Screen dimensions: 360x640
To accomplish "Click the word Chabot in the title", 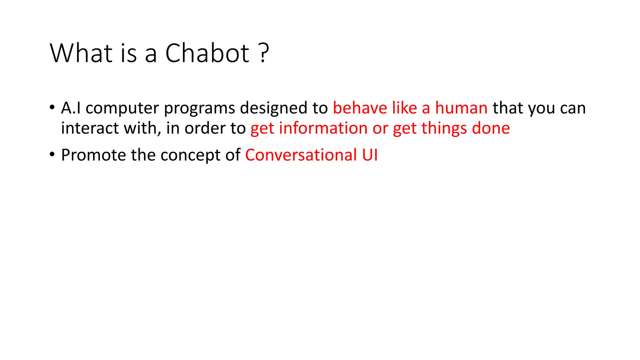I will (207, 53).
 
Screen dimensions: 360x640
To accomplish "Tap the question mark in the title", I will (264, 53).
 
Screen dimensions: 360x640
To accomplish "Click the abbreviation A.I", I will (71, 108).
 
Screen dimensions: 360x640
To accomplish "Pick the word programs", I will (199, 108).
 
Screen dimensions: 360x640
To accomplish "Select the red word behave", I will (360, 108).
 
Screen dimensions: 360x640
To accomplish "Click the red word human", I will (461, 108).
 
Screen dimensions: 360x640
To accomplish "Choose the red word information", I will (323, 128).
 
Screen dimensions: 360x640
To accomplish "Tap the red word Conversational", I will (301, 155).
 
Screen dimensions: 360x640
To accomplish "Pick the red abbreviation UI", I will (370, 155).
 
